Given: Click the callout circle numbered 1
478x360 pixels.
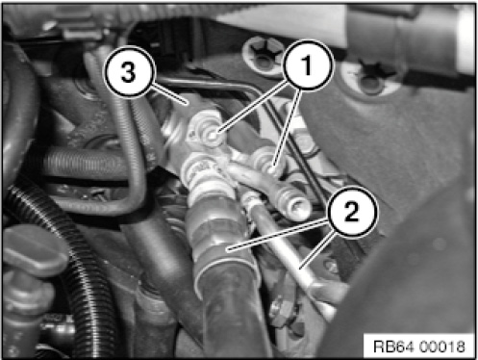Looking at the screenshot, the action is pyautogui.click(x=307, y=64).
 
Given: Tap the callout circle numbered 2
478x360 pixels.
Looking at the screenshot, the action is pyautogui.click(x=352, y=212).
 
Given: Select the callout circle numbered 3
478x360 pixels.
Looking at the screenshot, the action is pyautogui.click(x=129, y=72).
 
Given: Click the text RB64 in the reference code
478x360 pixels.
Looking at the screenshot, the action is pyautogui.click(x=394, y=347).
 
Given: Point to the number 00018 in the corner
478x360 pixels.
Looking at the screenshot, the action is pyautogui.click(x=442, y=347).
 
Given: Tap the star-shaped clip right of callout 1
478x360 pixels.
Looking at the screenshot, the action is pyautogui.click(x=372, y=76).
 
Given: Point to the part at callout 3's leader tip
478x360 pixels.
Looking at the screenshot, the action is pyautogui.click(x=188, y=103).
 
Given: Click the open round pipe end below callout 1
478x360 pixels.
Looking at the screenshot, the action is pyautogui.click(x=296, y=205).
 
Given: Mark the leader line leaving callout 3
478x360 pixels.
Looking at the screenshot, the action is pyautogui.click(x=169, y=94).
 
